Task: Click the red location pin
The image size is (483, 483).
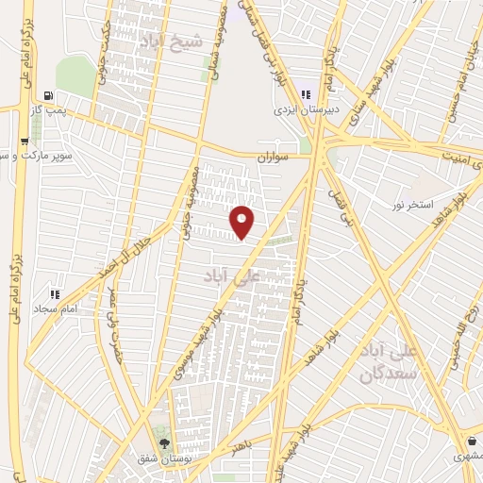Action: click(242, 222)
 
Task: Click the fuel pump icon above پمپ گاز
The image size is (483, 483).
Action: click(48, 95)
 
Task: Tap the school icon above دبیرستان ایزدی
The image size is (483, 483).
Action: click(305, 93)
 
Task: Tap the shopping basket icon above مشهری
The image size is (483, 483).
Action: click(471, 441)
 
